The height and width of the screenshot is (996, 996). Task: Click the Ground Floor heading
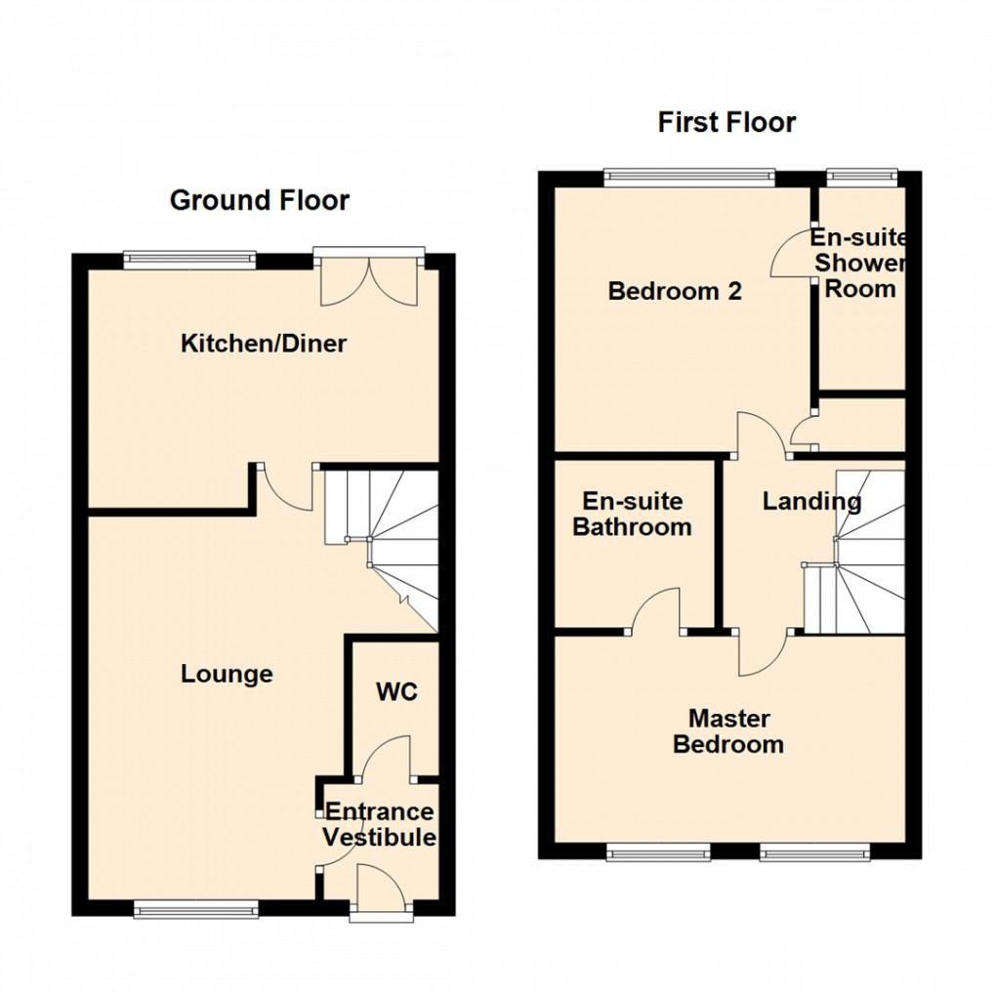(259, 201)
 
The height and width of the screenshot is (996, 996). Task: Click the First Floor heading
(726, 122)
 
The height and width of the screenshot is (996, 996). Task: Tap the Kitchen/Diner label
(264, 344)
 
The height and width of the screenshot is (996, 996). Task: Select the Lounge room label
(227, 674)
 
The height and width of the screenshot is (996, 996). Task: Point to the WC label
(396, 692)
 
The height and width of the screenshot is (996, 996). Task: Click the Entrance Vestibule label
(379, 825)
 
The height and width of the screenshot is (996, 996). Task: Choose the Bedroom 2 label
(675, 291)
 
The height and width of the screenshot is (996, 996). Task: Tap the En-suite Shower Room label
(859, 264)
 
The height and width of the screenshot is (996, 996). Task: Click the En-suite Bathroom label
(632, 515)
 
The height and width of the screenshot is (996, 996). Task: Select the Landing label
(811, 502)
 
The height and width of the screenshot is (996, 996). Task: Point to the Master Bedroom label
(728, 731)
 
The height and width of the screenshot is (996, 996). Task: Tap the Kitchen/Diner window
(190, 259)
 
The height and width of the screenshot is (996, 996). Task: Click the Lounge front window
(196, 910)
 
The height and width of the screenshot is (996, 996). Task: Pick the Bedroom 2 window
(688, 177)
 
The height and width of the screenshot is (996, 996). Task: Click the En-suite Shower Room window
(860, 177)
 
